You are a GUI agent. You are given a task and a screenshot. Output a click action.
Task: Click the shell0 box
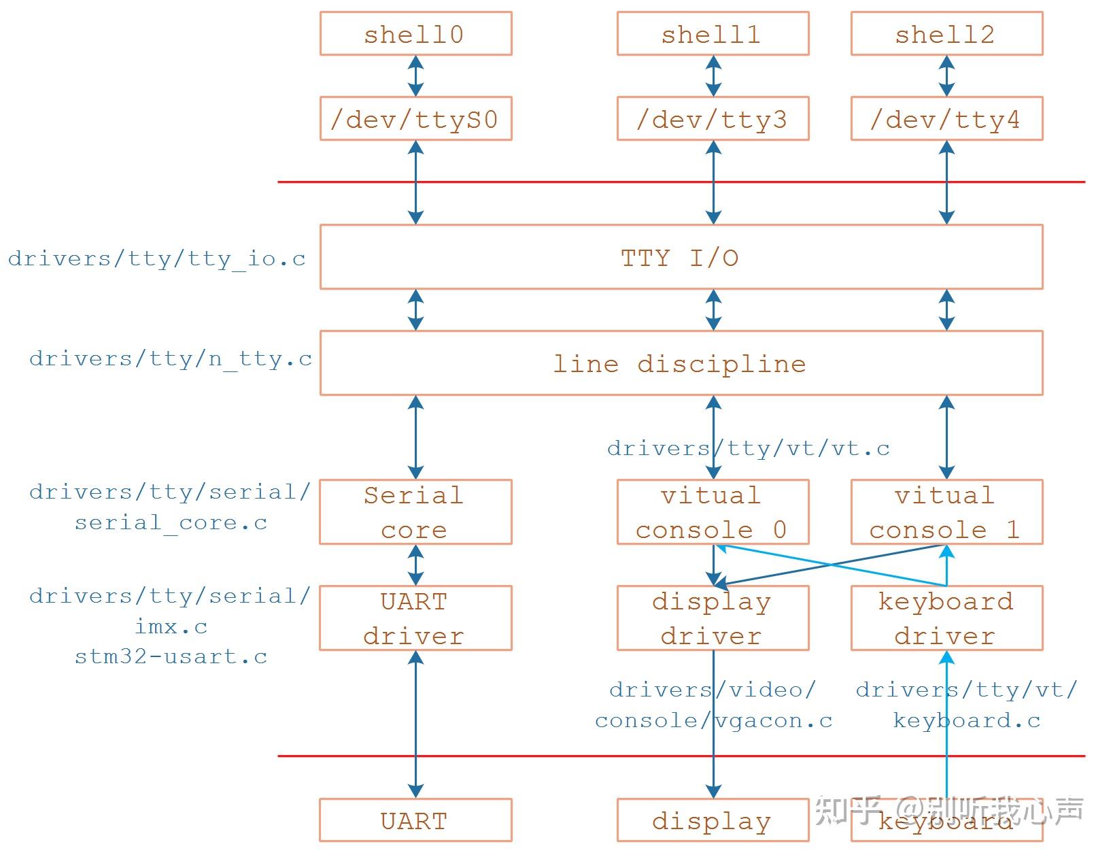click(415, 34)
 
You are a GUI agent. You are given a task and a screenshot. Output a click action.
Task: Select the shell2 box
click(946, 34)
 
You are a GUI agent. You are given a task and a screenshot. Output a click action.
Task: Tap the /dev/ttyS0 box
click(415, 119)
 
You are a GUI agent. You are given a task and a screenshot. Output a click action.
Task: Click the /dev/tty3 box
click(713, 119)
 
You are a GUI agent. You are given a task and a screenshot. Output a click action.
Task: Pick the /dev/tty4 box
click(946, 119)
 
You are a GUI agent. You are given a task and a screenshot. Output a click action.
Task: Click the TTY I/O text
click(680, 258)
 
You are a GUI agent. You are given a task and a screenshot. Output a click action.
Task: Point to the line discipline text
click(680, 364)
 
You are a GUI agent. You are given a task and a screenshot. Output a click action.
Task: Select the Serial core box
click(415, 512)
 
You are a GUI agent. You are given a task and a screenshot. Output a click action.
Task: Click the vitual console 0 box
click(713, 512)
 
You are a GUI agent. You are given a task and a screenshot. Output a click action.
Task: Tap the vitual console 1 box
click(946, 512)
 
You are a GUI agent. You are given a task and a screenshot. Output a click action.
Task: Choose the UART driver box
click(415, 618)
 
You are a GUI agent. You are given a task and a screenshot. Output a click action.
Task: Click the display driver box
click(713, 618)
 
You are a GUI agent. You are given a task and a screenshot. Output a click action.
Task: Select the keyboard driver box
click(946, 618)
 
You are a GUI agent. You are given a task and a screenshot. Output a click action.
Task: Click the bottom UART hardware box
click(415, 820)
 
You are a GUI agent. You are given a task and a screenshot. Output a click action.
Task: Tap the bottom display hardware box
click(713, 820)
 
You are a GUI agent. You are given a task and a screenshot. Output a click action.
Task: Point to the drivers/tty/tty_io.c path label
click(157, 259)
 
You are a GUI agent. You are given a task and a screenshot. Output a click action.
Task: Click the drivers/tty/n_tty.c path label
click(171, 359)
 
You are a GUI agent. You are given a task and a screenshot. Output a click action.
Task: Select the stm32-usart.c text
click(171, 657)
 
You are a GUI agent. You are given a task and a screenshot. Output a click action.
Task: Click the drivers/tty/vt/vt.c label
click(748, 448)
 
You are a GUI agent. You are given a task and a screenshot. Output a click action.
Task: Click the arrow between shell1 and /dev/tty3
click(713, 76)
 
